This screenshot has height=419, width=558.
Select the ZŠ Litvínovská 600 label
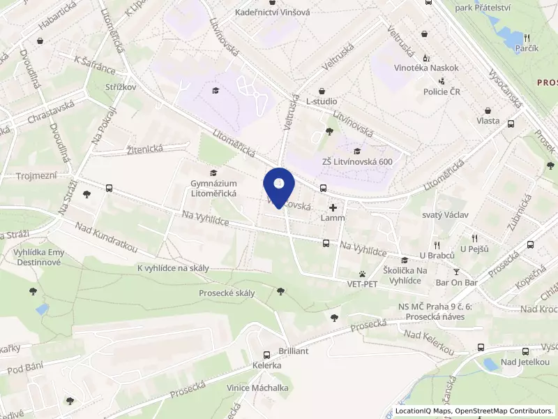[356, 162]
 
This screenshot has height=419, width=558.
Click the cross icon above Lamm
[333, 207]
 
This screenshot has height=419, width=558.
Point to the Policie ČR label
[446, 91]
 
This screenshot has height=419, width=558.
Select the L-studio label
[322, 101]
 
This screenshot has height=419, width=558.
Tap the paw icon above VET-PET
[363, 274]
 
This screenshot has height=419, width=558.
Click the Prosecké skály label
[227, 293]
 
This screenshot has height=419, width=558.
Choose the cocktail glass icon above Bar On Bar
[457, 272]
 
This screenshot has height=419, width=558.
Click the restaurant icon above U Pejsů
[474, 238]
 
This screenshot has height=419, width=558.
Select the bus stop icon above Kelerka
[266, 355]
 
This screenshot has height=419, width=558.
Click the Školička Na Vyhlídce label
[402, 275]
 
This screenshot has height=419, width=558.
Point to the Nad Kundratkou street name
[107, 238]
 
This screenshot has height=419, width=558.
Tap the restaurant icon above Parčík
[527, 38]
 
